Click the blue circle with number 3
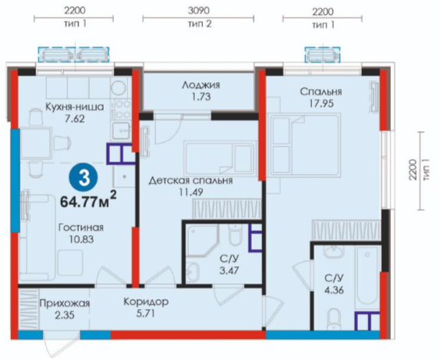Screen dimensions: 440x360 pyautogui.click(x=84, y=179)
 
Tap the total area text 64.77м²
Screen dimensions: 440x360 pyautogui.click(x=88, y=200)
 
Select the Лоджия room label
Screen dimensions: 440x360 pyautogui.click(x=200, y=85)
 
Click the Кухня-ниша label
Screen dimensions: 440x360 pyautogui.click(x=75, y=107)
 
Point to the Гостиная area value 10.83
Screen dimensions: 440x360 pyautogui.click(x=81, y=240)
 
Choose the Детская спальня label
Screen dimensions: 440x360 pyautogui.click(x=190, y=180)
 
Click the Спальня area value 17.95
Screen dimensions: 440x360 pyautogui.click(x=321, y=104)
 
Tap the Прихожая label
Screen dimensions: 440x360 pyautogui.click(x=65, y=303)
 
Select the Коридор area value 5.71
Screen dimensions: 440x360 pyautogui.click(x=145, y=313)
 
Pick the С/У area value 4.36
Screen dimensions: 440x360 pyautogui.click(x=334, y=290)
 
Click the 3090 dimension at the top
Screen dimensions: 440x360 pyautogui.click(x=198, y=11)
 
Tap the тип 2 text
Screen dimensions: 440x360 pyautogui.click(x=200, y=24)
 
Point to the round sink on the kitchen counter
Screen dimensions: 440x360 pyautogui.click(x=119, y=87)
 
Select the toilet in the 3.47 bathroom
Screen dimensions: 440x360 pyautogui.click(x=235, y=235)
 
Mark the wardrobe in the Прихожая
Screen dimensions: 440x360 pyautogui.click(x=29, y=309)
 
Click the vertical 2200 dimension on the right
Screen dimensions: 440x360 pyautogui.click(x=413, y=169)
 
